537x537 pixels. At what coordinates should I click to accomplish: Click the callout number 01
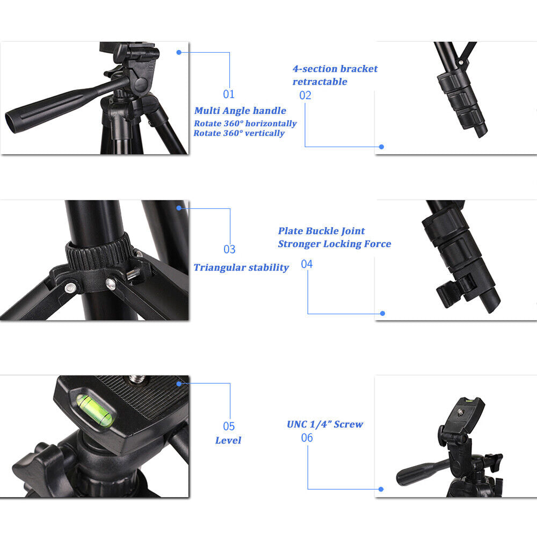(229, 95)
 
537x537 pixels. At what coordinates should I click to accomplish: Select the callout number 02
(306, 96)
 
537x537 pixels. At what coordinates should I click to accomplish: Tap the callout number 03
(229, 249)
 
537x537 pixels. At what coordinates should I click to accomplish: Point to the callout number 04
(307, 264)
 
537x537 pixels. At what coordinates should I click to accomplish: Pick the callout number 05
(229, 426)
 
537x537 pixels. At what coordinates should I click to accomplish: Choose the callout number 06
(307, 438)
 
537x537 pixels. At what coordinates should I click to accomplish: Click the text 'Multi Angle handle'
(240, 111)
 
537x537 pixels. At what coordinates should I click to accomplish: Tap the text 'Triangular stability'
(241, 267)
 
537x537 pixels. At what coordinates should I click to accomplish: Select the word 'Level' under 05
(228, 440)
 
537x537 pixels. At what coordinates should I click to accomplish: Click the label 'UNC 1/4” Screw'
(325, 424)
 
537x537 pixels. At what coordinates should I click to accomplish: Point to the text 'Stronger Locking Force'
(334, 244)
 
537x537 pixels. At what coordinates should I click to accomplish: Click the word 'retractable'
(320, 82)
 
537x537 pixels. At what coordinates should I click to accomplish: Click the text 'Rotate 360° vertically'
(239, 133)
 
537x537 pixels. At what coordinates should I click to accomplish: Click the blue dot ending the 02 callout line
(381, 147)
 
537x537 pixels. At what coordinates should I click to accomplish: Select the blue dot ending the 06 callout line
(381, 489)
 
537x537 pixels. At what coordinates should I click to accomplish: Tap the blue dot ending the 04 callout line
(382, 313)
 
